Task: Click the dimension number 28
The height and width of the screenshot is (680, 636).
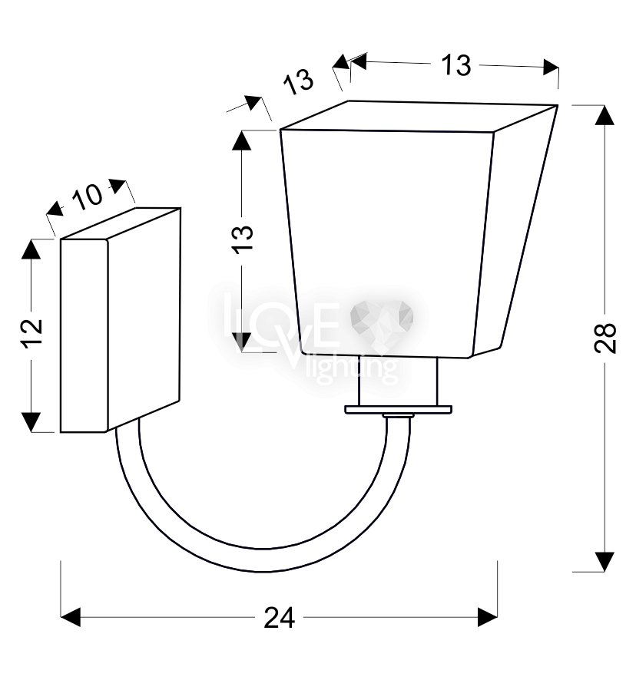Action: (x=605, y=338)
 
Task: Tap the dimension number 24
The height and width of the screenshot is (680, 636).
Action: (x=279, y=618)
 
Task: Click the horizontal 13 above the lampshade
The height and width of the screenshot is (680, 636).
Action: (x=455, y=65)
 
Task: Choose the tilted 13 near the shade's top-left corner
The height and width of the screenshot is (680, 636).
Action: (x=299, y=82)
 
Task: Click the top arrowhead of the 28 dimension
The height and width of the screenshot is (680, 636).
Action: (x=605, y=115)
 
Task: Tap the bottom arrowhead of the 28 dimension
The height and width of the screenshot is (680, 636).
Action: (x=605, y=562)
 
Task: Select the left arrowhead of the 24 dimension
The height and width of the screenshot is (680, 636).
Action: (x=71, y=617)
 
